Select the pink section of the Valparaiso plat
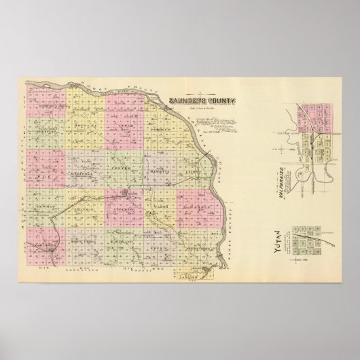click(313, 111)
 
